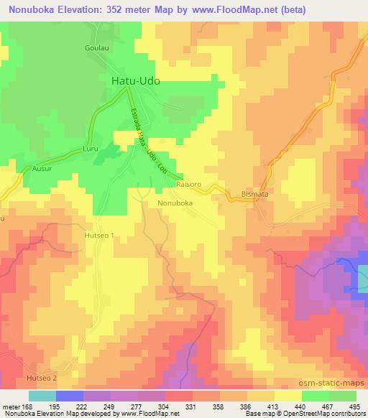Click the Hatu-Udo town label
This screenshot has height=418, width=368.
click(135, 81)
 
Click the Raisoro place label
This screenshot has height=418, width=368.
click(188, 185)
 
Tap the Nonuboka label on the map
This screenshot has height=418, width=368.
click(175, 203)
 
